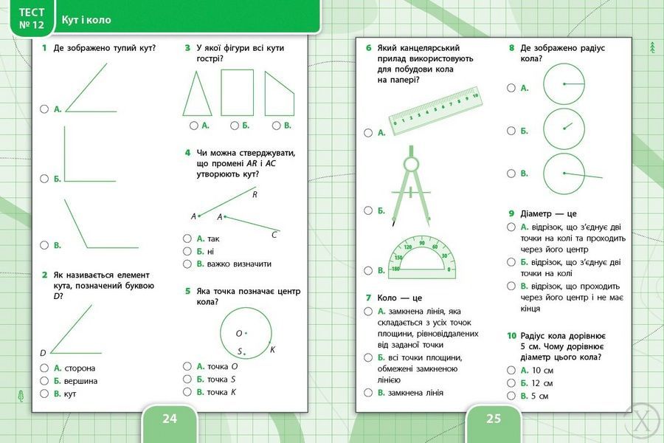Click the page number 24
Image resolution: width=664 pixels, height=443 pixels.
pos(170,419)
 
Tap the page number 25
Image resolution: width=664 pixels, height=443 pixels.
pos(494,419)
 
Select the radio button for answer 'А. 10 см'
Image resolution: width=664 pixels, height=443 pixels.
pos(511,370)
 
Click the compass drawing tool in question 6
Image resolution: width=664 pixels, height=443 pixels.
pos(410,185)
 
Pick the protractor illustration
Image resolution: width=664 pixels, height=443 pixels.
pos(422,258)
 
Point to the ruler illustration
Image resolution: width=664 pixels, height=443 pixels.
pos(435,111)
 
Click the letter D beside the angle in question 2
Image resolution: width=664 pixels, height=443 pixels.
pos(43,353)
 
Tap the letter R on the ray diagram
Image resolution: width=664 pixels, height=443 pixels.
pos(255,195)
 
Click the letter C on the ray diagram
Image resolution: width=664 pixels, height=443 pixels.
pos(274,235)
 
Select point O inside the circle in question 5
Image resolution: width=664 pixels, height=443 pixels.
pos(246,333)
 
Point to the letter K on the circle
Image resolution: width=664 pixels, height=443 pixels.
pos(272,349)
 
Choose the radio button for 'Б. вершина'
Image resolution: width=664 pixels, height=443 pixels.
pos(44,381)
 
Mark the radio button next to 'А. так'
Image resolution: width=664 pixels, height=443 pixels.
pos(187,238)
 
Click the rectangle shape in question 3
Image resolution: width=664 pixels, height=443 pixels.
pos(237,92)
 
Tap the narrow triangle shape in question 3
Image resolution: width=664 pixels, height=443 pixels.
pos(197,93)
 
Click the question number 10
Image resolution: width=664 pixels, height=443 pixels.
pos(511,336)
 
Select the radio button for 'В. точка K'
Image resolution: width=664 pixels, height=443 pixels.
pos(187,392)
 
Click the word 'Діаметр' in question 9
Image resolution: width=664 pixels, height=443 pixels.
pos(536,213)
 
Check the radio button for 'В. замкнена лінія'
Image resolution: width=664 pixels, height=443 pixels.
pos(368,393)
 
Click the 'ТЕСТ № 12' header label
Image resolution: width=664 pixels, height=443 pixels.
pos(31,18)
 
